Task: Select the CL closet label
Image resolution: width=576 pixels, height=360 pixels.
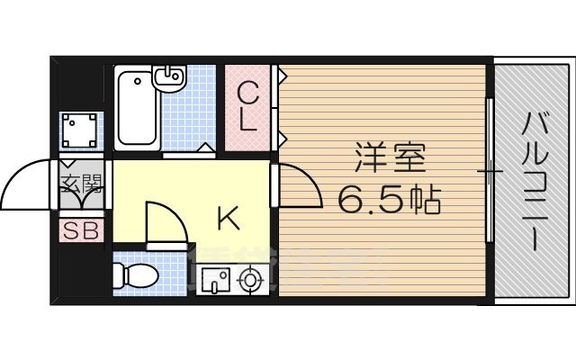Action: coord(250,105)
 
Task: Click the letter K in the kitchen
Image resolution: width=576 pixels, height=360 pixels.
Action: coord(228,216)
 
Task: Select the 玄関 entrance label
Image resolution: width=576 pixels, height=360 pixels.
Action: coord(82,184)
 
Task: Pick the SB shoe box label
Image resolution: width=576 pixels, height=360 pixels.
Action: coord(81,229)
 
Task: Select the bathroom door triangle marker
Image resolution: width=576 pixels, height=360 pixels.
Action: coord(205,148)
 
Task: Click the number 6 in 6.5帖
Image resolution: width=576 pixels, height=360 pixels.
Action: coord(349,200)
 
